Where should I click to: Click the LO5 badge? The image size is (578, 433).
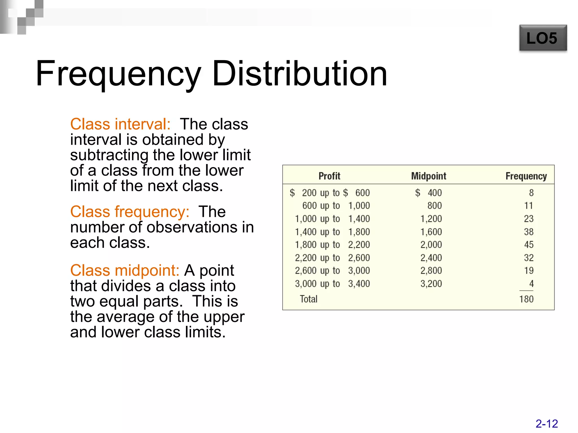pyautogui.click(x=543, y=38)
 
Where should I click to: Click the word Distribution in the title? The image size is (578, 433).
pyautogui.click(x=299, y=74)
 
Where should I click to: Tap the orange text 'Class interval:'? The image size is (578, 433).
pyautogui.click(x=120, y=124)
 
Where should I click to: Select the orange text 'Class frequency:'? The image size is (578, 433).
pyautogui.click(x=130, y=212)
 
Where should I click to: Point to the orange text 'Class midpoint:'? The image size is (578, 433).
pyautogui.click(x=124, y=271)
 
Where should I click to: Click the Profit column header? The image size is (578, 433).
pyautogui.click(x=329, y=176)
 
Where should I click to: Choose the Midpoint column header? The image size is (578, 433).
pyautogui.click(x=428, y=176)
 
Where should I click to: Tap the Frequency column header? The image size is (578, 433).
pyautogui.click(x=526, y=176)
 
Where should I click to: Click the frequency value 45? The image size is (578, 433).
pyautogui.click(x=529, y=245)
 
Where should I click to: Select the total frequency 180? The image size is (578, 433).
pyautogui.click(x=526, y=299)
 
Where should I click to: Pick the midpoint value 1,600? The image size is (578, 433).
pyautogui.click(x=431, y=232)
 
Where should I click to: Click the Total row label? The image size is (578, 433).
pyautogui.click(x=308, y=299)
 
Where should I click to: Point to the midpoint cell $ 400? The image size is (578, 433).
pyautogui.click(x=428, y=193)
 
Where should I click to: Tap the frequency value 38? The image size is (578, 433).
pyautogui.click(x=529, y=232)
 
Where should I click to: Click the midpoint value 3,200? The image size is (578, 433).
pyautogui.click(x=431, y=284)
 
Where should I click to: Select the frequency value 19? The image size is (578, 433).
pyautogui.click(x=529, y=271)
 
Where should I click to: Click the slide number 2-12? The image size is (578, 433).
pyautogui.click(x=546, y=424)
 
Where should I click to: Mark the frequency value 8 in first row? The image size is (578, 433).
pyautogui.click(x=531, y=193)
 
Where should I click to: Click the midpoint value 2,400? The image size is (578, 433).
pyautogui.click(x=431, y=258)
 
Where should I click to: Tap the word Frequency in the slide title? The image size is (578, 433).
pyautogui.click(x=119, y=74)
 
